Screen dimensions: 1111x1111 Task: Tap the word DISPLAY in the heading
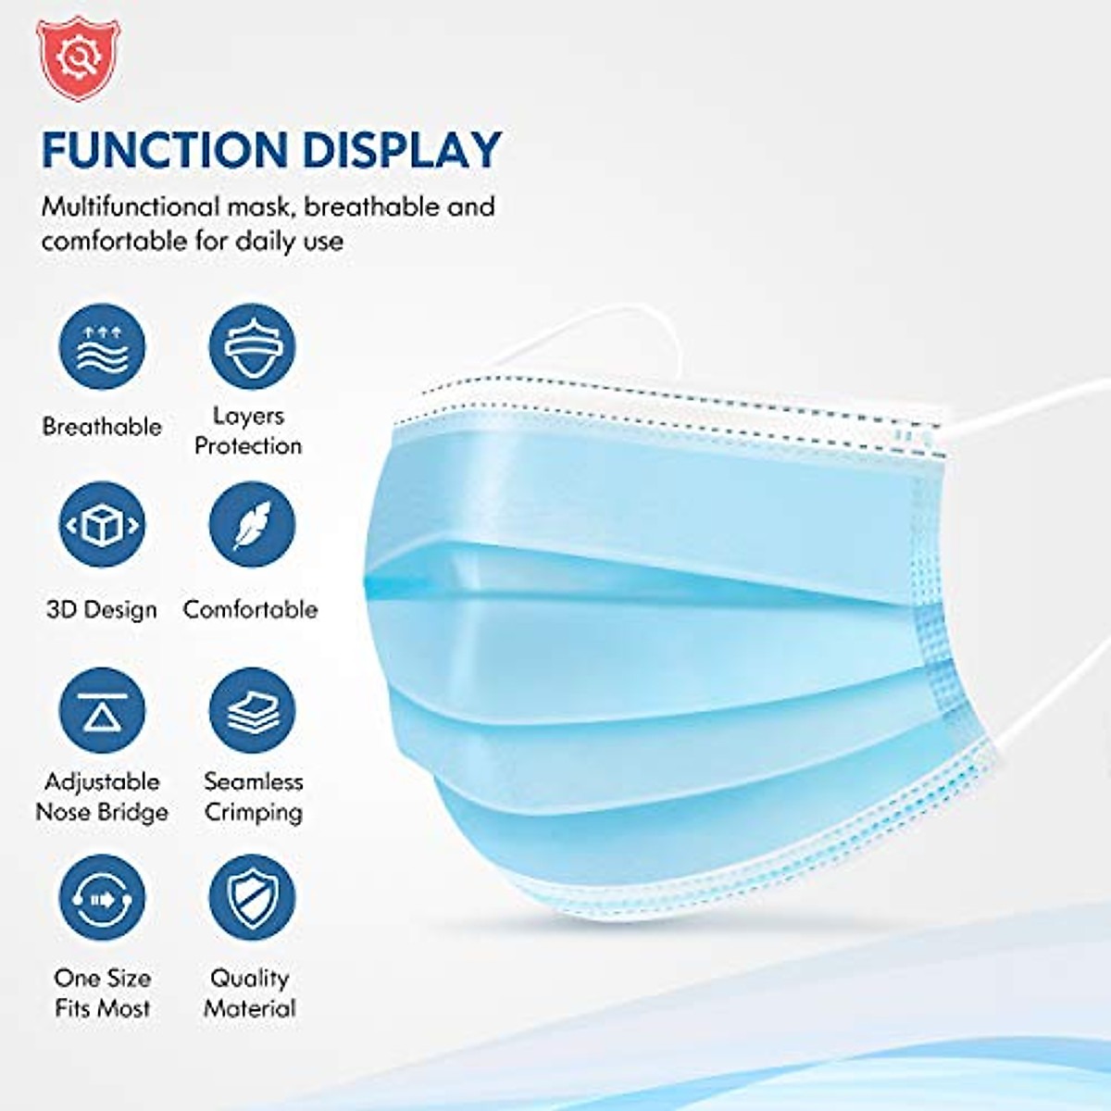tap(402, 150)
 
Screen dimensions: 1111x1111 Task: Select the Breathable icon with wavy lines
tap(102, 347)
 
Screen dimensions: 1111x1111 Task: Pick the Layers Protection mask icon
tap(251, 347)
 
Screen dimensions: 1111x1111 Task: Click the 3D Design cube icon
tap(102, 525)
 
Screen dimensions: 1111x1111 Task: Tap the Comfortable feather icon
tap(251, 525)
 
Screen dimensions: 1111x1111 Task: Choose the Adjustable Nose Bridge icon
tap(102, 710)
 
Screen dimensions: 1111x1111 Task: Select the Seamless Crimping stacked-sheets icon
tap(251, 710)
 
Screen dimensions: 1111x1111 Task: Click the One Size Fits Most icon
tap(102, 897)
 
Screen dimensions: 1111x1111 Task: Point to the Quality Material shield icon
tap(251, 897)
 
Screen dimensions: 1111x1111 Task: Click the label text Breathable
tap(102, 427)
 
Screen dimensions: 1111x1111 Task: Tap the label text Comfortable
tap(250, 609)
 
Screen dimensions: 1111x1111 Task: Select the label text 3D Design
tap(102, 610)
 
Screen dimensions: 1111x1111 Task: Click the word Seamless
tap(253, 781)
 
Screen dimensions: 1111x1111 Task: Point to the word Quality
tap(250, 978)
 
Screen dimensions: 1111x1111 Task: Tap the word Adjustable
tap(102, 781)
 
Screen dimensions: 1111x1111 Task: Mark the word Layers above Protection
tap(248, 416)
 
